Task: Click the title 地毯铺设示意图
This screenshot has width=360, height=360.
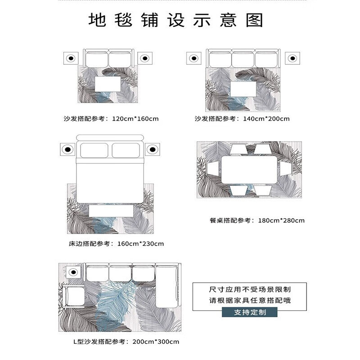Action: tap(175, 20)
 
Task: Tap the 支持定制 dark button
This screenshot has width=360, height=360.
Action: tap(250, 312)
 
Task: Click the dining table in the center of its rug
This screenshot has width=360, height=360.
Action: tap(249, 170)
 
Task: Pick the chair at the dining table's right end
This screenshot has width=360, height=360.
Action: tap(286, 169)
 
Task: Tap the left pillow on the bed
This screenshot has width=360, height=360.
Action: tap(94, 150)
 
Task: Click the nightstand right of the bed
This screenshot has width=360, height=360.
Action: tap(153, 149)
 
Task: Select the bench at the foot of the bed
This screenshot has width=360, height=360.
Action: tap(111, 211)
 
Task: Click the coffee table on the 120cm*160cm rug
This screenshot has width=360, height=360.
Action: tap(108, 84)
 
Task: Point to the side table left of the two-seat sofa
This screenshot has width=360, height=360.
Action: tap(71, 58)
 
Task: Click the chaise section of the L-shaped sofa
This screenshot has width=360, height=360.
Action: tap(166, 286)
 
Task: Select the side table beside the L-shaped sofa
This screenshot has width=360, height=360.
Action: tap(73, 272)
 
